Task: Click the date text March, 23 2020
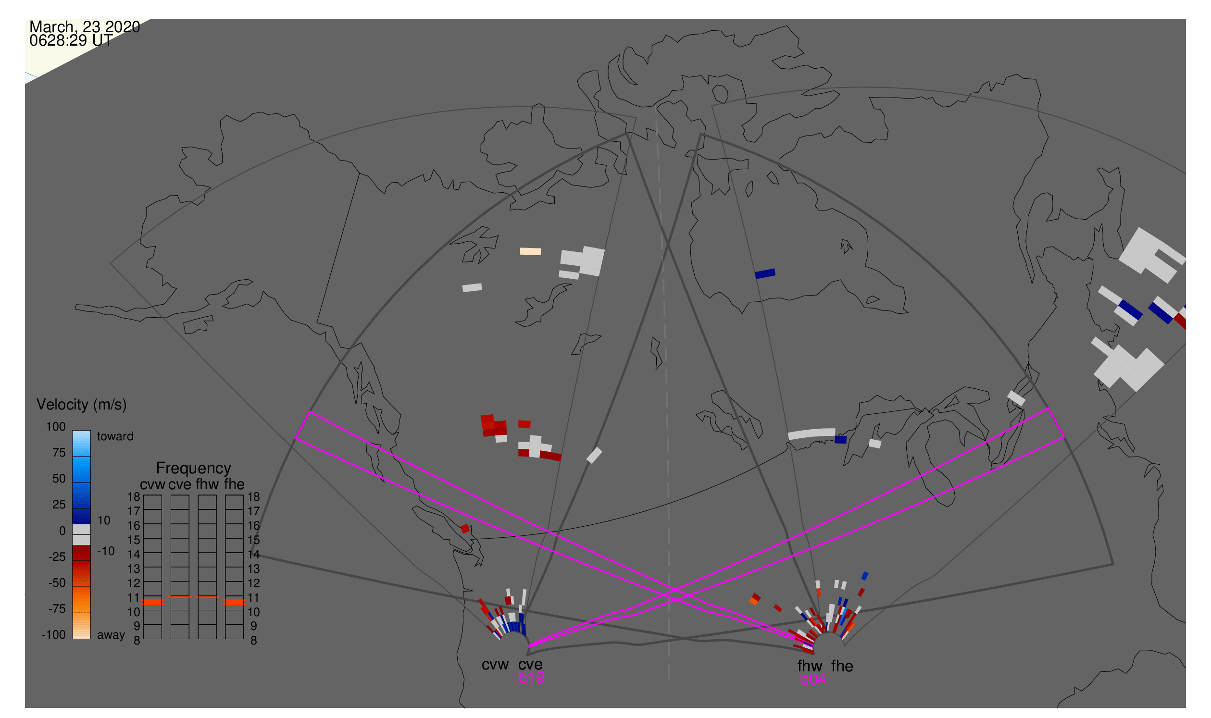pos(84,26)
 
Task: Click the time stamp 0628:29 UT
pos(71,41)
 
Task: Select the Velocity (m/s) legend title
pos(81,405)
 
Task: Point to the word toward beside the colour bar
pos(115,436)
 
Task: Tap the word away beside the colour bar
pos(111,635)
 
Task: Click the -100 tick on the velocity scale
pos(53,635)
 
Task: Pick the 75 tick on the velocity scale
pos(59,453)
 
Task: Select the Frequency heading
pos(193,468)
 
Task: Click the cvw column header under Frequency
pos(152,484)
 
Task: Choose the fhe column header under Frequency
pos(234,484)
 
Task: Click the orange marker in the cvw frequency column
pos(152,602)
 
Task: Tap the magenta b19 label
pos(531,678)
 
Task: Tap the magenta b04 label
pos(812,679)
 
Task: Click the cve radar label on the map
pos(530,664)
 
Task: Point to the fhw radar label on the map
pos(810,666)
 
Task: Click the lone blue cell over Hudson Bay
pos(765,274)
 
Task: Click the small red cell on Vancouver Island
pos(465,528)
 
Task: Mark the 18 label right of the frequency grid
pos(254,497)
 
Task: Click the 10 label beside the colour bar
pos(104,520)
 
